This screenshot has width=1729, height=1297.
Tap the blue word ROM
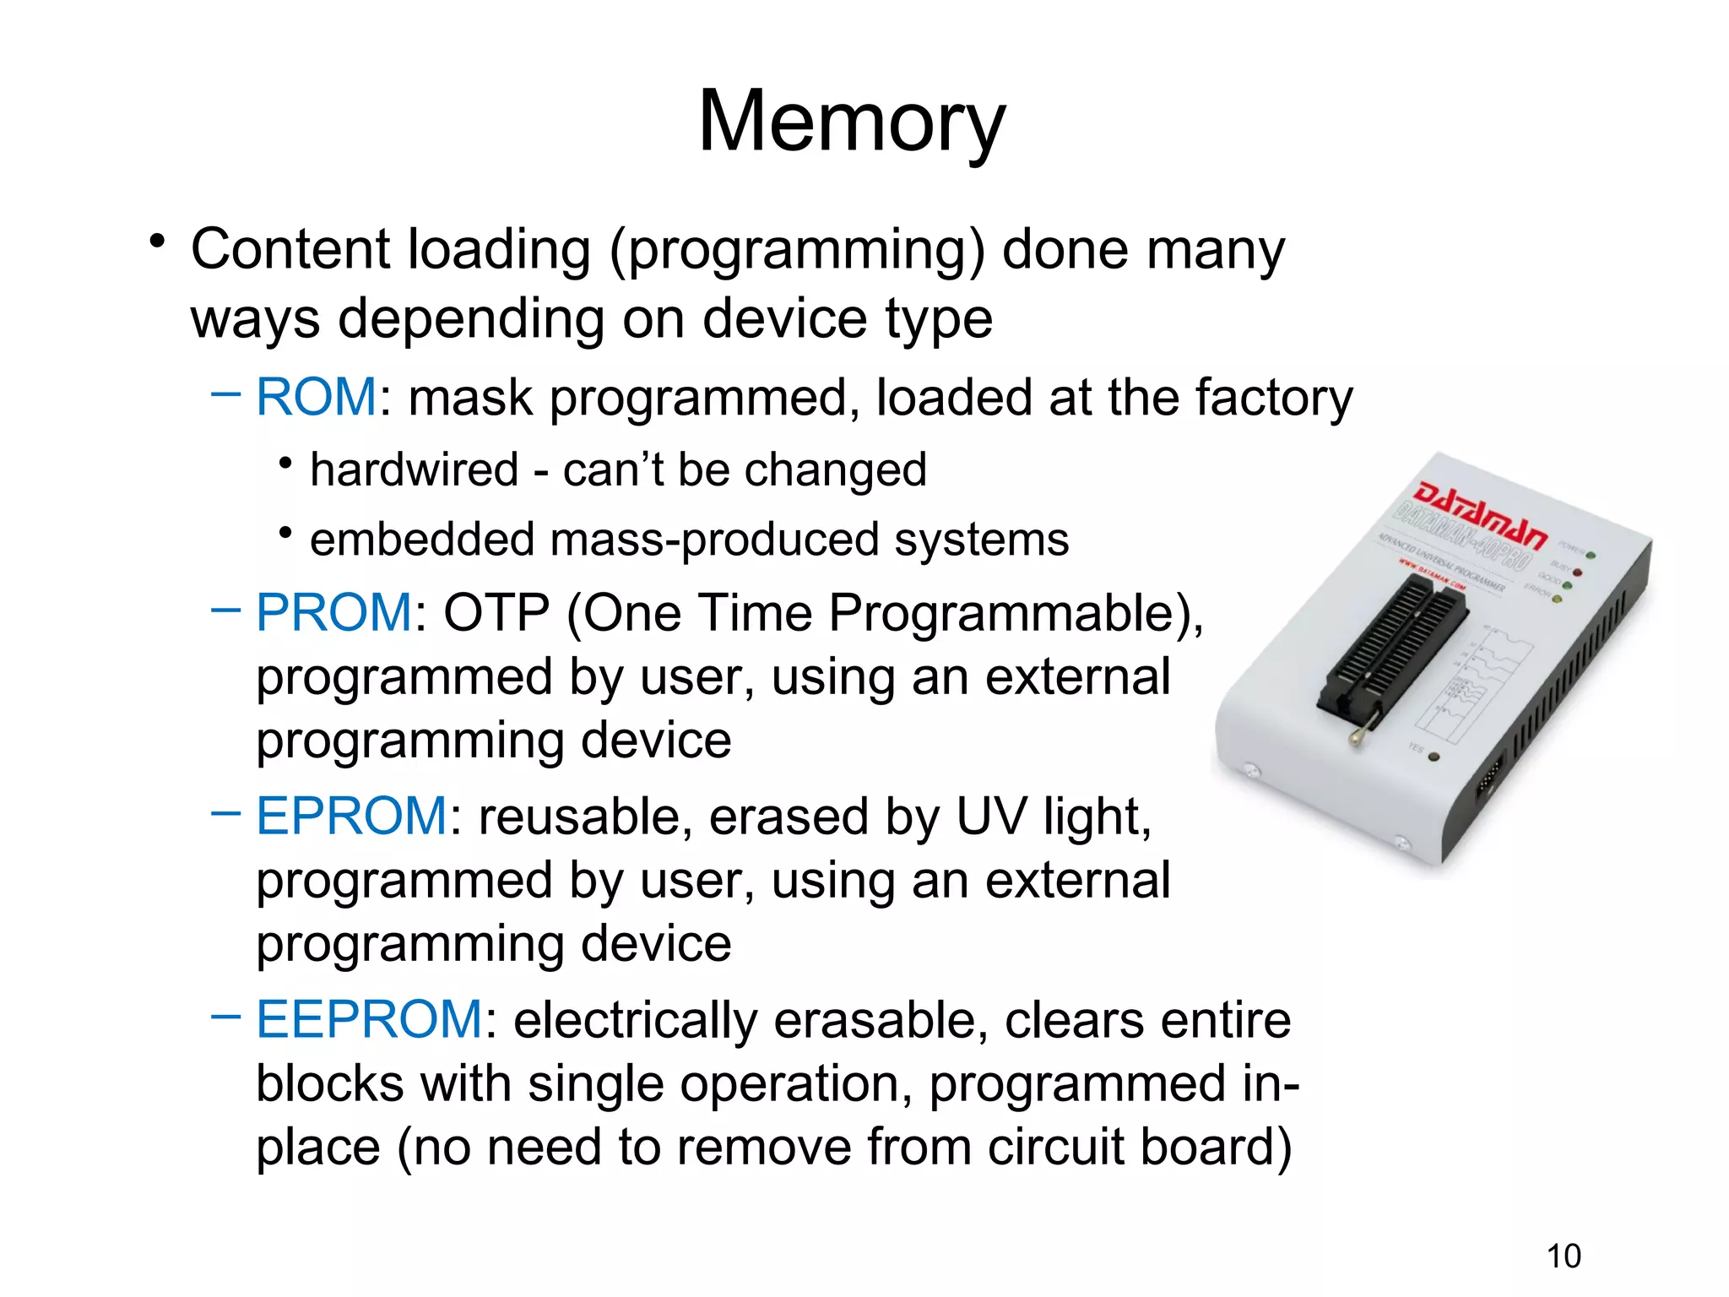(x=316, y=397)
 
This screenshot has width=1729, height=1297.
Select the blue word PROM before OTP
(x=334, y=612)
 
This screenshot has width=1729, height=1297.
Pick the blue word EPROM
(x=352, y=817)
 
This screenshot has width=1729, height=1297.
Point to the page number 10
(x=1564, y=1256)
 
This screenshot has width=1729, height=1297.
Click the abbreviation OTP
(x=496, y=612)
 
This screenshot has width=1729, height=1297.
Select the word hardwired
(x=414, y=469)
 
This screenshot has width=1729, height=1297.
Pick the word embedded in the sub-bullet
(x=422, y=540)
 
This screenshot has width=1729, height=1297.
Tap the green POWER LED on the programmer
(x=1591, y=555)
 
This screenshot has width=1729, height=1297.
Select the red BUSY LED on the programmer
(x=1577, y=572)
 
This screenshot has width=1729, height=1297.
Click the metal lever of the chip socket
(x=1359, y=733)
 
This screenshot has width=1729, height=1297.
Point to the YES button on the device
(x=1434, y=757)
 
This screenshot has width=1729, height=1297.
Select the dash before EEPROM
(x=225, y=1016)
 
